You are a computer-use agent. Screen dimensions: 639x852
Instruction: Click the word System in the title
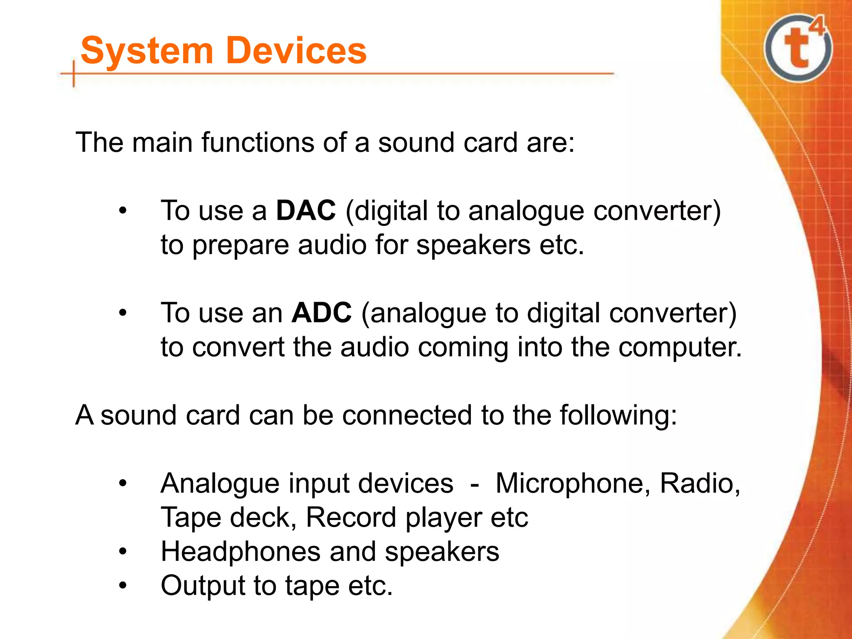[x=146, y=51]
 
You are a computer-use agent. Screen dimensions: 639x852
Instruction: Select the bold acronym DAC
[x=306, y=211]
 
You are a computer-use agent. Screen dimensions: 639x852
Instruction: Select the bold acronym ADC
[x=322, y=313]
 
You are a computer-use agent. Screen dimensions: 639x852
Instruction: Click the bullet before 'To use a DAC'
[x=122, y=211]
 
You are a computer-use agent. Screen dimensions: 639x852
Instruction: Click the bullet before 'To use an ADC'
[x=122, y=313]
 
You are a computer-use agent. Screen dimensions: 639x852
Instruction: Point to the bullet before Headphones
[x=122, y=552]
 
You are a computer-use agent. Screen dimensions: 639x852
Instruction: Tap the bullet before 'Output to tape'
[x=122, y=586]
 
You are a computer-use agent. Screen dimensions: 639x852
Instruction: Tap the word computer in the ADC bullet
[x=679, y=348]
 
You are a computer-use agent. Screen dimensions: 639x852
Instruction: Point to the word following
[x=618, y=415]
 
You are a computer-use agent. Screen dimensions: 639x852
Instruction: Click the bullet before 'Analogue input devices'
[x=122, y=483]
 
